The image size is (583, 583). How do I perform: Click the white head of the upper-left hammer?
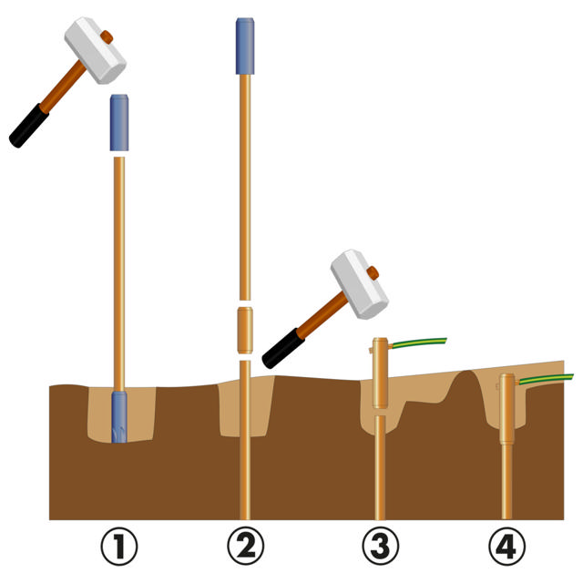coord(95,50)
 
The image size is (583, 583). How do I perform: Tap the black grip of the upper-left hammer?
coord(28,126)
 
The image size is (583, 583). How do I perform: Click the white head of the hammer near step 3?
coord(360,284)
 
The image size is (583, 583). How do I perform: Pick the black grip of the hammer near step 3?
coord(283,348)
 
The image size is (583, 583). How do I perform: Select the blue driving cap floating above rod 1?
coord(119,123)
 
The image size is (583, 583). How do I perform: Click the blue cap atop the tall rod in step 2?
coord(245,46)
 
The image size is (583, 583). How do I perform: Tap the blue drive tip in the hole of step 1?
coord(119,417)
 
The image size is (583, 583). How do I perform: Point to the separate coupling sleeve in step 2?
coord(245,330)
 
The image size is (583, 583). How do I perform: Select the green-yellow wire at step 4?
coord(546,379)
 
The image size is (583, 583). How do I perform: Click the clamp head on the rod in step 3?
coord(380,373)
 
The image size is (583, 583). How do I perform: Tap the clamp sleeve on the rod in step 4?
coord(506,408)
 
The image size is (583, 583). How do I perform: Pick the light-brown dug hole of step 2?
coord(246,406)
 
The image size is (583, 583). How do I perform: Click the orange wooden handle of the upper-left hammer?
coord(64,87)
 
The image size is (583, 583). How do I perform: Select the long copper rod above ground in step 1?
coord(119,273)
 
